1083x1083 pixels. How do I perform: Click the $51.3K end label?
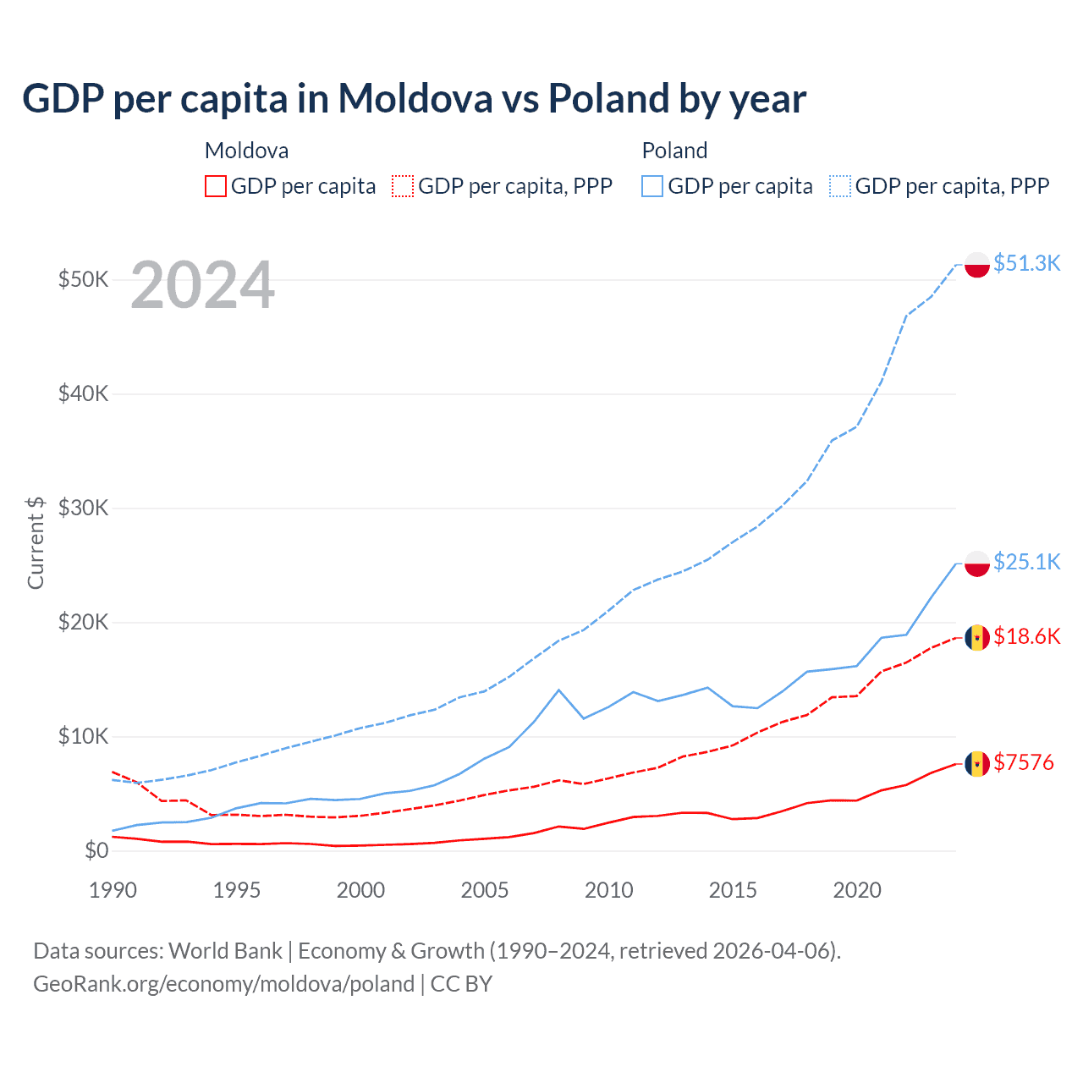coord(1026,263)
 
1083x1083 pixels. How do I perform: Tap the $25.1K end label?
coord(1026,562)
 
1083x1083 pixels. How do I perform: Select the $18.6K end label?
coord(1026,636)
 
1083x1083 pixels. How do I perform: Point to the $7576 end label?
coord(1023,762)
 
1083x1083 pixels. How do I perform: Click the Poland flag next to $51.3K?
coord(977,265)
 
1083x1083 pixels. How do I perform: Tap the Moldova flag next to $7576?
coord(977,764)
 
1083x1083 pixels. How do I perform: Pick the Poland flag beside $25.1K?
coord(977,563)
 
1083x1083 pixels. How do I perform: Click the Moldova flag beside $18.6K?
coord(977,638)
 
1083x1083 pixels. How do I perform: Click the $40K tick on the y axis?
coord(83,393)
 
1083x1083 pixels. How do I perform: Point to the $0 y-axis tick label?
coord(96,850)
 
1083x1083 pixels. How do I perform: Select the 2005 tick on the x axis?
coord(485,890)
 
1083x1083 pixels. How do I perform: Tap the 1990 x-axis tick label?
coord(113,890)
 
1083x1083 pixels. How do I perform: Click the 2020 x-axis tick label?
coord(857,890)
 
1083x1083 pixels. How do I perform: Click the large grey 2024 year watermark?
coord(203,285)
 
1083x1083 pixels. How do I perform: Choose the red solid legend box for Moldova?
coord(216,186)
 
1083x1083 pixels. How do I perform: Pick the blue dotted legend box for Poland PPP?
coord(840,186)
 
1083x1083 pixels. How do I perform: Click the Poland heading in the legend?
coord(674,151)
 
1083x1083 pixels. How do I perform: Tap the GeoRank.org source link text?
coord(223,984)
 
